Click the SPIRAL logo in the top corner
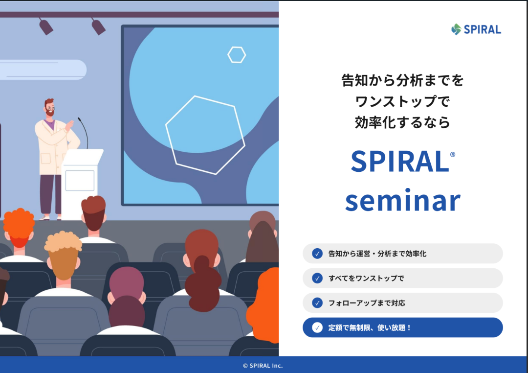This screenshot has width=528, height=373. (476, 29)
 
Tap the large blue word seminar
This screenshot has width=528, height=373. (403, 200)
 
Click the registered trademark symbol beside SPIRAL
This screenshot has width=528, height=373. (453, 155)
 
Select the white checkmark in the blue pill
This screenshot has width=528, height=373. (317, 327)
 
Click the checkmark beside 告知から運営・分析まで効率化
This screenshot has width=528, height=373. (317, 253)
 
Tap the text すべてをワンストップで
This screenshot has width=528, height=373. (366, 278)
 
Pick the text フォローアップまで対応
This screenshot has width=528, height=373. (367, 303)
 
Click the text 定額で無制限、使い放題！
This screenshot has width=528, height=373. (370, 327)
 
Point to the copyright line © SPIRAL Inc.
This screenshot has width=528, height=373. (263, 366)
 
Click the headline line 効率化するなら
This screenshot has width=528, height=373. (402, 122)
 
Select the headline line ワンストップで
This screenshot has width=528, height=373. (402, 101)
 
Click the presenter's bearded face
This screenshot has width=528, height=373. (50, 109)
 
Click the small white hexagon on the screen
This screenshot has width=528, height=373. (237, 55)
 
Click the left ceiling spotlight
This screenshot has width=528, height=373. (46, 26)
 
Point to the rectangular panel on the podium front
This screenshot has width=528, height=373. (80, 181)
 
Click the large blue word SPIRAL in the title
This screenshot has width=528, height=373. (399, 161)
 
